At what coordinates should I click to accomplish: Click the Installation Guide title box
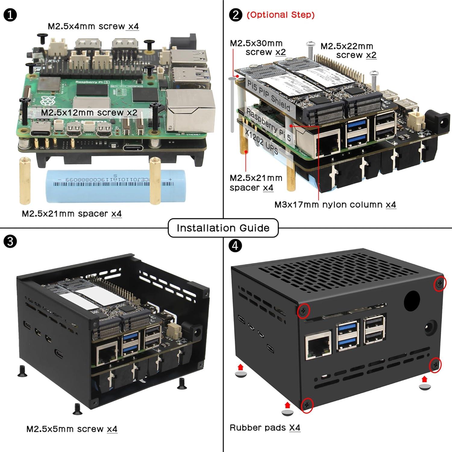point(223,228)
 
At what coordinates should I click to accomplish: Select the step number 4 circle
point(235,246)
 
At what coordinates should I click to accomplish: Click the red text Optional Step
point(281,15)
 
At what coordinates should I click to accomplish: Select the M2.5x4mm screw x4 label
point(93,26)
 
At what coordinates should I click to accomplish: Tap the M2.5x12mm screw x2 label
point(89,113)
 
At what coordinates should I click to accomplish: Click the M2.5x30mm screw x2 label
point(258,48)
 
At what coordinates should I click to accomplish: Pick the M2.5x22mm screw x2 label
point(348,51)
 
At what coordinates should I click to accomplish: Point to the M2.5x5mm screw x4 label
point(72,429)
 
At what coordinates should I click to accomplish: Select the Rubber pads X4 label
point(265,428)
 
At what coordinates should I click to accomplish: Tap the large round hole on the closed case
point(412,301)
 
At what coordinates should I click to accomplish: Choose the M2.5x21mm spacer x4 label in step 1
point(72,214)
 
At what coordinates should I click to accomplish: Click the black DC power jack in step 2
point(440,122)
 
